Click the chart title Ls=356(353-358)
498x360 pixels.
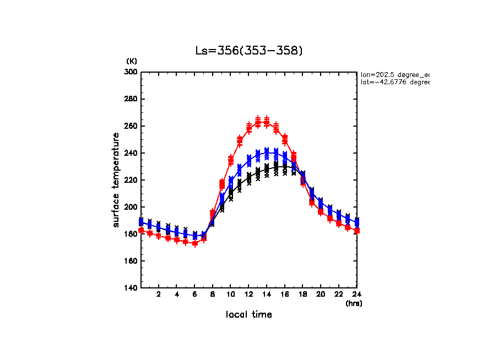pos(249,51)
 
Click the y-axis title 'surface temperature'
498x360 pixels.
pos(116,180)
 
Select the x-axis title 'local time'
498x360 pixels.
pos(249,314)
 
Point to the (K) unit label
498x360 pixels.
pos(132,61)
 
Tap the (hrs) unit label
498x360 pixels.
pos(354,303)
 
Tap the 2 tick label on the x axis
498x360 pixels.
pos(159,295)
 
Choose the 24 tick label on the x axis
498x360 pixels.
pos(356,295)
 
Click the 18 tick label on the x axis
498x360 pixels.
pos(302,295)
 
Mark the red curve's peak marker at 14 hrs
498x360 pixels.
pos(267,122)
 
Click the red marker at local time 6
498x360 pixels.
pos(194,243)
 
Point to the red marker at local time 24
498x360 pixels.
pos(357,231)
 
